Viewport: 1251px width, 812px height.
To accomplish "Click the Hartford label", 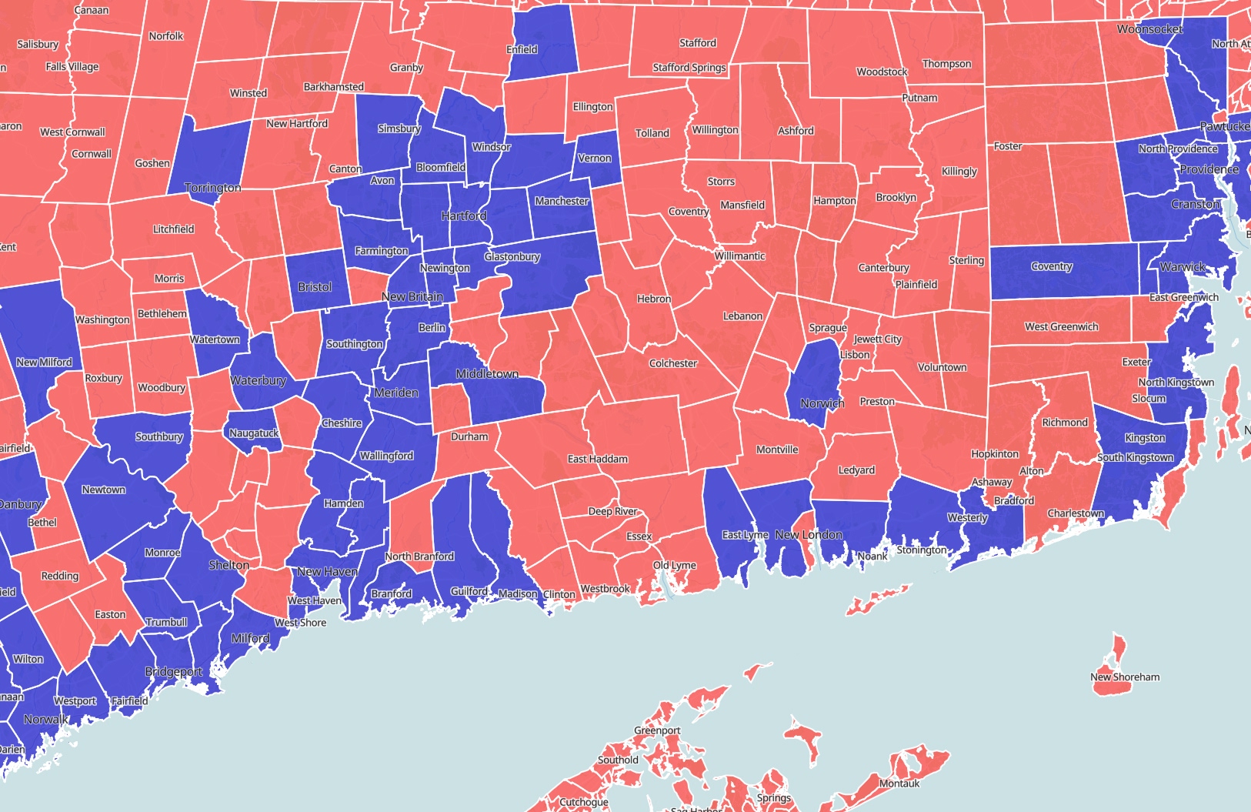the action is (x=464, y=216).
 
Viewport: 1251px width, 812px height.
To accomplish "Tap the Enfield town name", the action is (x=522, y=50).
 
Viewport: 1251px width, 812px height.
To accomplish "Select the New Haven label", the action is (x=327, y=572).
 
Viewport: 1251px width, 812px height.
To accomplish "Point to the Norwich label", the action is (x=822, y=403).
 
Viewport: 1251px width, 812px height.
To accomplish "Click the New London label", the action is (x=809, y=535).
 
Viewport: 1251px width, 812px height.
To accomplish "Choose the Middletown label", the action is (x=487, y=374).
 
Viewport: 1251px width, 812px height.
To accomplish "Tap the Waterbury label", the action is (x=258, y=380).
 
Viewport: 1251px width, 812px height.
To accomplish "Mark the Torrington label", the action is (x=213, y=188).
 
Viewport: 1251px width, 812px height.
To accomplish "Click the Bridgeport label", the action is (x=174, y=672).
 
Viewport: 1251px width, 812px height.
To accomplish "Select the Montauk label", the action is (x=899, y=784).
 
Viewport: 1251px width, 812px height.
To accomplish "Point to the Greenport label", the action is (x=657, y=730).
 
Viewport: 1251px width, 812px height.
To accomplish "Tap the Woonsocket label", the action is (x=1150, y=29).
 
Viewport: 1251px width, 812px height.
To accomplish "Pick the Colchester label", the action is (x=673, y=363).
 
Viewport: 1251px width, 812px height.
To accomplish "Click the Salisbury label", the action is (x=38, y=45).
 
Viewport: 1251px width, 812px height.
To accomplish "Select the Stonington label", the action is (x=922, y=550).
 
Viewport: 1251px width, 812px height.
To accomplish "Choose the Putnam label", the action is (x=920, y=98).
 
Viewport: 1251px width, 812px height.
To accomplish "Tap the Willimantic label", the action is (x=740, y=256).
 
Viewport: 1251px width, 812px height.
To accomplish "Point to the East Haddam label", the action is (x=598, y=459).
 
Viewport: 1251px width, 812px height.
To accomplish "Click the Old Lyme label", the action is (x=675, y=566).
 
